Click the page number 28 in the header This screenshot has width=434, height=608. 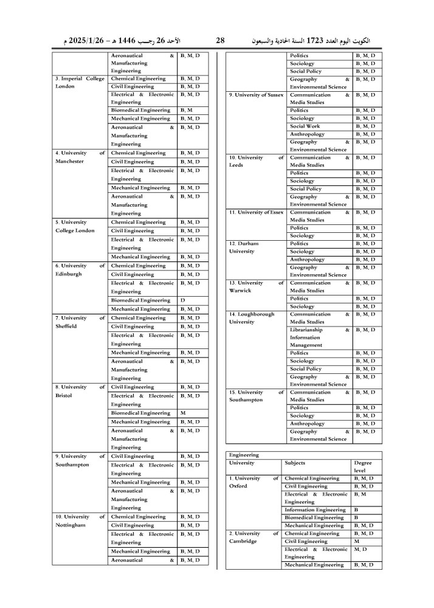(x=220, y=41)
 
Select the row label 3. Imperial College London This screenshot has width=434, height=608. (x=80, y=83)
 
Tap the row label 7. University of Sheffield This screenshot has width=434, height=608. (x=80, y=322)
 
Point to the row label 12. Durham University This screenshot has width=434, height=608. (x=244, y=247)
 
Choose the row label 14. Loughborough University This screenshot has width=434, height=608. (x=251, y=318)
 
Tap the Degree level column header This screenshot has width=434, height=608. (x=362, y=466)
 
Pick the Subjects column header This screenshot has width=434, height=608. (x=295, y=463)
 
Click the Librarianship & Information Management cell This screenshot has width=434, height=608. (x=319, y=337)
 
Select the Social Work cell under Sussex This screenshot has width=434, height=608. (x=305, y=126)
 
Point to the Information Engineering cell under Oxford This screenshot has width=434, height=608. (x=315, y=510)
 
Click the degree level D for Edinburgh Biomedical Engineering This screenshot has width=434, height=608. (x=183, y=300)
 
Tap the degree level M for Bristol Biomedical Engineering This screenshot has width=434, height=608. (x=183, y=413)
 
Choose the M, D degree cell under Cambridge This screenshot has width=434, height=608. (x=360, y=549)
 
